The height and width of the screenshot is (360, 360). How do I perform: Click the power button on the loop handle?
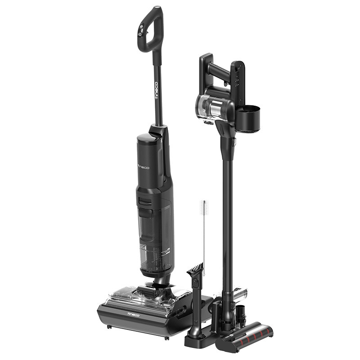(x=140, y=34)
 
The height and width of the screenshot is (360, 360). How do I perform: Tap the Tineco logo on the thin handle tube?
(x=157, y=90)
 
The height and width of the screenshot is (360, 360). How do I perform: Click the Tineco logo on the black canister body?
(x=143, y=167)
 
